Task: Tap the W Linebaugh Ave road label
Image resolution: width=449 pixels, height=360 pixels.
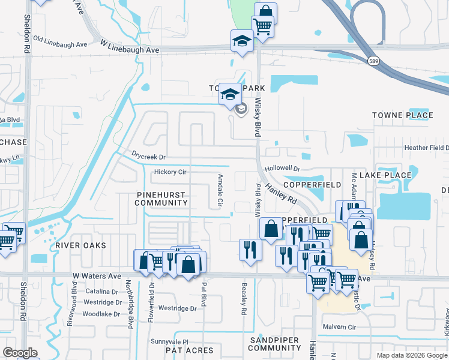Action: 130,47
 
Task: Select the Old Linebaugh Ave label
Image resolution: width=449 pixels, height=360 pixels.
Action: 60,41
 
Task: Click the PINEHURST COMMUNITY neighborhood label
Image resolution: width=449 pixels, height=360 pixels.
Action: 161,199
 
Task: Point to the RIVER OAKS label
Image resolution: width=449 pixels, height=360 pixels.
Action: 80,245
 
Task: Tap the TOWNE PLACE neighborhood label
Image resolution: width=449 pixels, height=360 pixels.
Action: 402,115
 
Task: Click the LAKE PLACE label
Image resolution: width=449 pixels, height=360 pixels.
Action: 390,175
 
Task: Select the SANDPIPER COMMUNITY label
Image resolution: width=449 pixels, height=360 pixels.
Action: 274,344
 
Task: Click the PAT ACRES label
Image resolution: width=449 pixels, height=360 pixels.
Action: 189,350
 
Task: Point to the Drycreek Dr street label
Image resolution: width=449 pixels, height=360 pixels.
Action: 148,157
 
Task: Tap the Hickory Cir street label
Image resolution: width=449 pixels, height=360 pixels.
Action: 170,172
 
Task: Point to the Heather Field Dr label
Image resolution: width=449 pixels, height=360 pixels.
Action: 426,148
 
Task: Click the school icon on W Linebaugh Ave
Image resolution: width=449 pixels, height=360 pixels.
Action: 242,41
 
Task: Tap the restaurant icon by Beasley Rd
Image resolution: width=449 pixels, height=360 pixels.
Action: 250,249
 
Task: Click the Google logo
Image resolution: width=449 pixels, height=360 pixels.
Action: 19,353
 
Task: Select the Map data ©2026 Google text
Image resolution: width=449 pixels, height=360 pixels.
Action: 411,355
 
